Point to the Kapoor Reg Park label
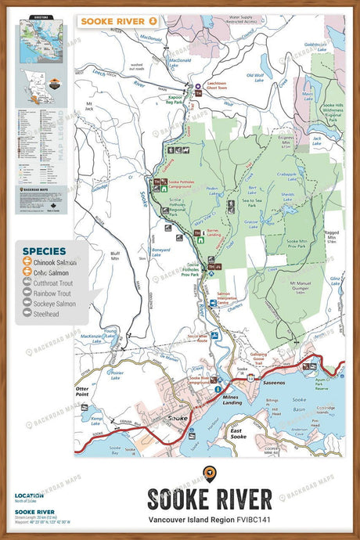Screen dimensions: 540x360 click(x=174, y=101)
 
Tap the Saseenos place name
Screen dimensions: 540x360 click(x=273, y=383)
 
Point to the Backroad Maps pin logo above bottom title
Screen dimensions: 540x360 click(x=209, y=473)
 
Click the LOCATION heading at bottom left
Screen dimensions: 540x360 click(x=29, y=495)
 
